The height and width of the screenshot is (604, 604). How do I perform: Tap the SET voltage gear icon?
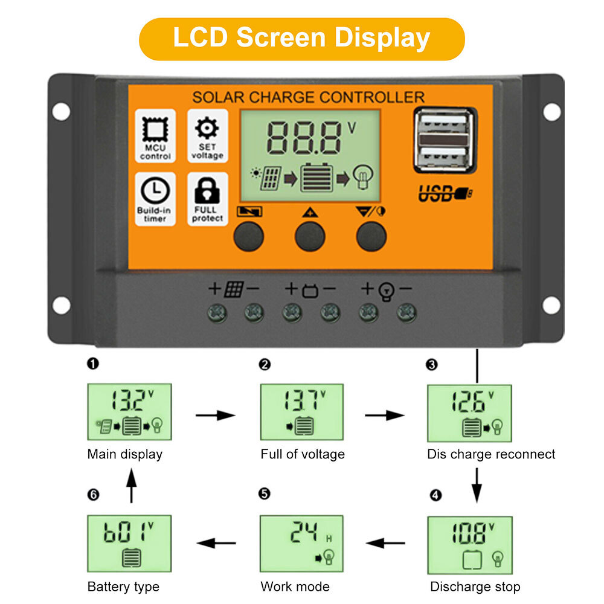[207, 129]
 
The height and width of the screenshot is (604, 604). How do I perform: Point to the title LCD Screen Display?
[301, 39]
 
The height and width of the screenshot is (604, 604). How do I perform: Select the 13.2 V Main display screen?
[129, 411]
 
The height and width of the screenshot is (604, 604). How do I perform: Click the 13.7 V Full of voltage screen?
[302, 411]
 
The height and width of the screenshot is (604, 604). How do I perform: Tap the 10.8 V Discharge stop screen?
[469, 544]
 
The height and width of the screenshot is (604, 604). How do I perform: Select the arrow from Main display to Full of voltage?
[216, 415]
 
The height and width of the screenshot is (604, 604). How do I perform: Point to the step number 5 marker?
[264, 494]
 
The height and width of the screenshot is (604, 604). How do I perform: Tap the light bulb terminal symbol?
[385, 291]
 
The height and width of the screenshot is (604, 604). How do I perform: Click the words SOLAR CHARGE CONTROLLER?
[308, 97]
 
